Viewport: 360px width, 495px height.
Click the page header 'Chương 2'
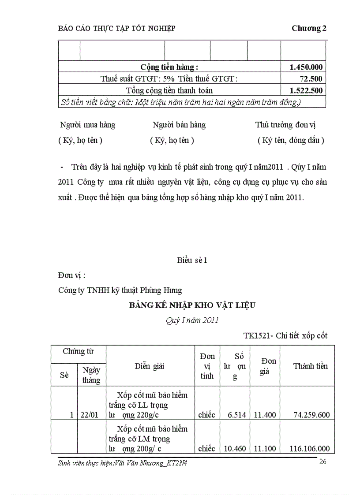coord(309,28)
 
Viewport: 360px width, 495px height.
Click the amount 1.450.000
coord(306,67)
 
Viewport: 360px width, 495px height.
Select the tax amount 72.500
coord(311,78)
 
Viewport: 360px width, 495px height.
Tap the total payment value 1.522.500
coord(306,90)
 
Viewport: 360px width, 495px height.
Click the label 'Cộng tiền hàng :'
coord(169,67)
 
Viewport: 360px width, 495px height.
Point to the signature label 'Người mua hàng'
coord(87,125)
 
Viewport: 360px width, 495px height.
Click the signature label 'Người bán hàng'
coord(179,125)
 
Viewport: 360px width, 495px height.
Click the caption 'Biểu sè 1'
coord(192,260)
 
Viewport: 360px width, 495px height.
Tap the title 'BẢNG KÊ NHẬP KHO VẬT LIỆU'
coord(192,305)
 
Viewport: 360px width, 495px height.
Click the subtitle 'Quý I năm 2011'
coord(192,320)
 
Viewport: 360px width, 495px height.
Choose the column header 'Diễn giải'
coord(150,366)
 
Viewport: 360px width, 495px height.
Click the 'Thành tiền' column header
coord(311,366)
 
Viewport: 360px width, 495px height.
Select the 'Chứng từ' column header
coord(78,351)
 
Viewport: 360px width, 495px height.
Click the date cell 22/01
coord(91,415)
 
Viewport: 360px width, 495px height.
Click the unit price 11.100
coord(265,449)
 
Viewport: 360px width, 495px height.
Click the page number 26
coord(322,462)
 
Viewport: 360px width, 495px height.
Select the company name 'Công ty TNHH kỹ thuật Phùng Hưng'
coord(120,290)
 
